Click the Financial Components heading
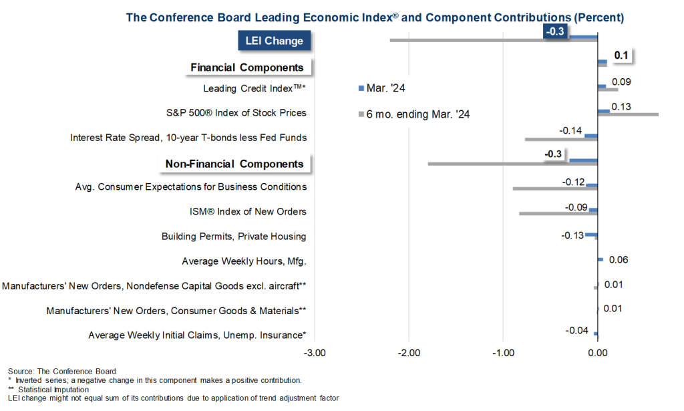click(247, 67)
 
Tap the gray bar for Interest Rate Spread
click(561, 139)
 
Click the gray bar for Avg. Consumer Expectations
click(554, 188)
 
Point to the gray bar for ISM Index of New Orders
click(558, 213)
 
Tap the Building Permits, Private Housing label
click(234, 236)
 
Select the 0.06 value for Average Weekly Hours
click(619, 260)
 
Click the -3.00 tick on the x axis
click(314, 352)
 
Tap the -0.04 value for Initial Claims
click(576, 330)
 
